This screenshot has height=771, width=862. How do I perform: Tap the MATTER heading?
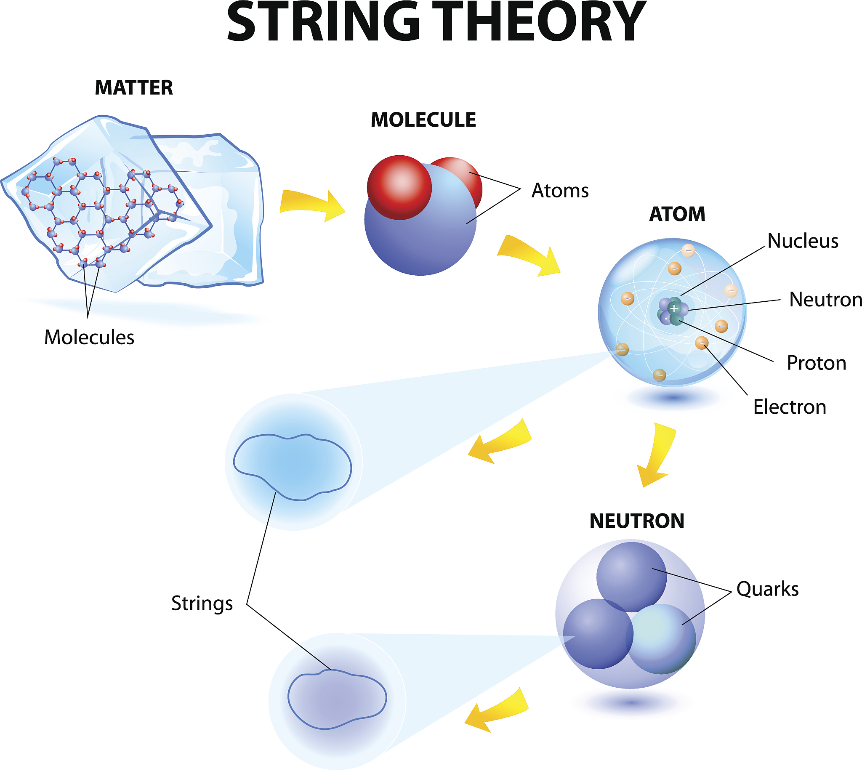(x=134, y=88)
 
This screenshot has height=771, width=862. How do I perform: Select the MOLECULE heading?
(x=423, y=120)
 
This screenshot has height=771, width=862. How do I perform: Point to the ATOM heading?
(x=677, y=214)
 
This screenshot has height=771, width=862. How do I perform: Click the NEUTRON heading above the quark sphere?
(x=637, y=521)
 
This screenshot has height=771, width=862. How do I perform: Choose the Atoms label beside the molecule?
(x=560, y=191)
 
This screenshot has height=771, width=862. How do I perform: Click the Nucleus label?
(x=803, y=241)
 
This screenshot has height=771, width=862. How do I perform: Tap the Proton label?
(x=816, y=363)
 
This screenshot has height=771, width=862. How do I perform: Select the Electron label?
(x=790, y=407)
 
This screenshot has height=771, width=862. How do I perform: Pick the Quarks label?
(x=768, y=589)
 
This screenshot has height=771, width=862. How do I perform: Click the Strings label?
(x=202, y=603)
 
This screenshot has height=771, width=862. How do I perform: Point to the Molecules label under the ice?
(x=89, y=338)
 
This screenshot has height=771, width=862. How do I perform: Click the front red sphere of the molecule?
(x=399, y=187)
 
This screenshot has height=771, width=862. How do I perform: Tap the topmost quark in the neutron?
(x=631, y=576)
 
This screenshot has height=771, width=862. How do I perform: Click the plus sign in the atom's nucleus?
(x=674, y=308)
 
